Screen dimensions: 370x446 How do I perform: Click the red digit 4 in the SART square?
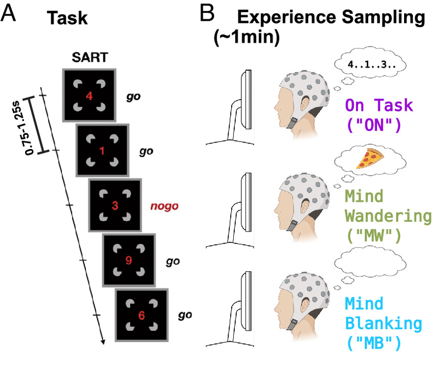[x=89, y=95]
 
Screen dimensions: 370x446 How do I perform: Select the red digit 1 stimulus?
[x=102, y=151]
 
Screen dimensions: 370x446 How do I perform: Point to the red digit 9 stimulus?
[x=128, y=260]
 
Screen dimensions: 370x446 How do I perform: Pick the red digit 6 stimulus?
[x=142, y=315]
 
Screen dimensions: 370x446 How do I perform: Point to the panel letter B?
[x=207, y=14]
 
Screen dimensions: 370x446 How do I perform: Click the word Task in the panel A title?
[x=67, y=19]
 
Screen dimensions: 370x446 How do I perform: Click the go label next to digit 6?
[x=185, y=315]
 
